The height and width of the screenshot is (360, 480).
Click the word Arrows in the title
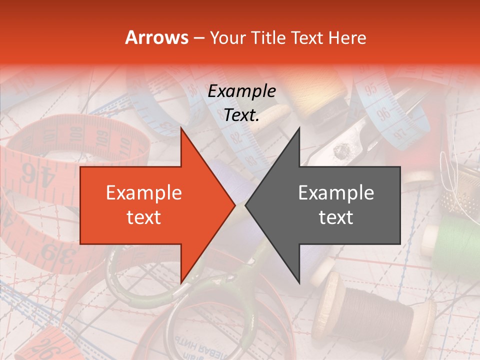[x=157, y=38]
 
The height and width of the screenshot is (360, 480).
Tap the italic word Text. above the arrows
[x=241, y=115]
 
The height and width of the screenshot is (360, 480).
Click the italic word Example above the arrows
[x=241, y=91]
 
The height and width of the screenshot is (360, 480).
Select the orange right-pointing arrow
[x=150, y=205]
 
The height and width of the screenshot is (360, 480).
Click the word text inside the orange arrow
[x=143, y=217]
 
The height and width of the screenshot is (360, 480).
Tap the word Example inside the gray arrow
[x=336, y=193]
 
